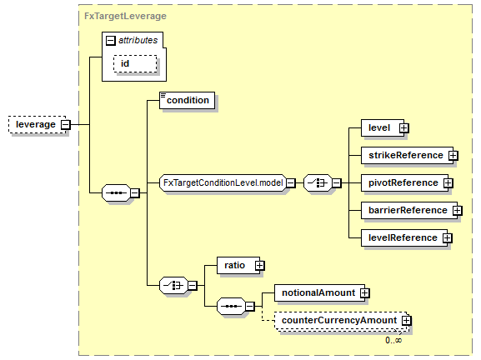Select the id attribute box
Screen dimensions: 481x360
point(135,64)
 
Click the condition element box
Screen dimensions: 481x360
point(187,100)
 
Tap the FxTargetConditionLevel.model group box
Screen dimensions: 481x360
point(223,183)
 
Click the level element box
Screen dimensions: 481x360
point(383,127)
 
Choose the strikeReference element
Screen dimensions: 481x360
point(407,156)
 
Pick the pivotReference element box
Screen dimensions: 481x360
point(404,183)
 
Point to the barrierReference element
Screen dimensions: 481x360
point(409,210)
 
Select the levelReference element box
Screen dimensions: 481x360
point(404,238)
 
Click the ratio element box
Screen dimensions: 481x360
point(238,266)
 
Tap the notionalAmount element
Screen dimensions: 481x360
point(319,293)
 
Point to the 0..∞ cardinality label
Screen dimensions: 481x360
point(393,340)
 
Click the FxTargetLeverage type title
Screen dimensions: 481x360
point(126,16)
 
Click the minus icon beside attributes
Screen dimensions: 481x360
point(110,41)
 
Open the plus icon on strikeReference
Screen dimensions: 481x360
point(453,156)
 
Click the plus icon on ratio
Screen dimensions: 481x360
point(259,266)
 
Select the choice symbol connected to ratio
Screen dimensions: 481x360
point(173,286)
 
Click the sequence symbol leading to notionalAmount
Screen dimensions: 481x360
point(231,306)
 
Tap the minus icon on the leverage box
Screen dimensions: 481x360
point(66,125)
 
